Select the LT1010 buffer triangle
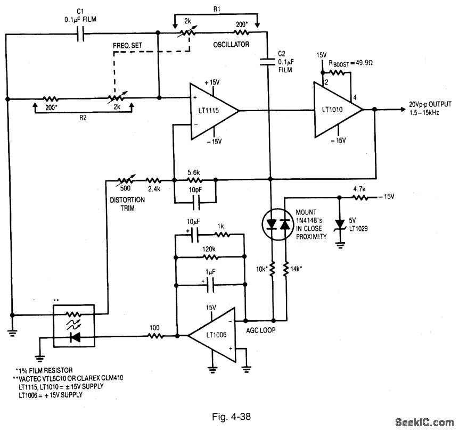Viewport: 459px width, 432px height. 335,110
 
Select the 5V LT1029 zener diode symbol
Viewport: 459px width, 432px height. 339,224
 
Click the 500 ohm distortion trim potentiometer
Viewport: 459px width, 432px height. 123,180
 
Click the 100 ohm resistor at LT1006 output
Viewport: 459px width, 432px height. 155,335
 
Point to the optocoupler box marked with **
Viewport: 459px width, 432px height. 74,325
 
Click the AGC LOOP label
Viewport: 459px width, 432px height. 260,329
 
